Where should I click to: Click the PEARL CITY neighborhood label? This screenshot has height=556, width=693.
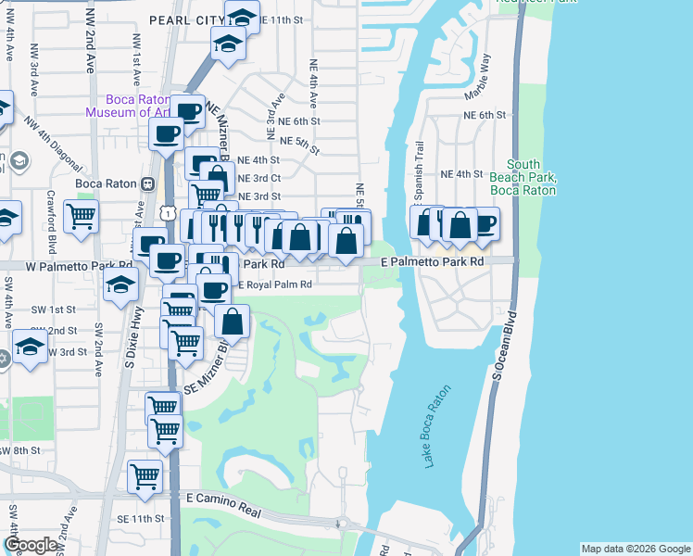[186, 19]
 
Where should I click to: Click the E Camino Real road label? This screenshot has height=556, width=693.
[227, 498]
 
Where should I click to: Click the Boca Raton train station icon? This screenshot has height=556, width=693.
[146, 183]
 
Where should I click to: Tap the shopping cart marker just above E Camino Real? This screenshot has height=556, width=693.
[145, 475]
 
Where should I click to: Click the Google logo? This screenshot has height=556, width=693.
[31, 545]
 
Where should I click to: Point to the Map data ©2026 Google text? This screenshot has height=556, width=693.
[635, 549]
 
